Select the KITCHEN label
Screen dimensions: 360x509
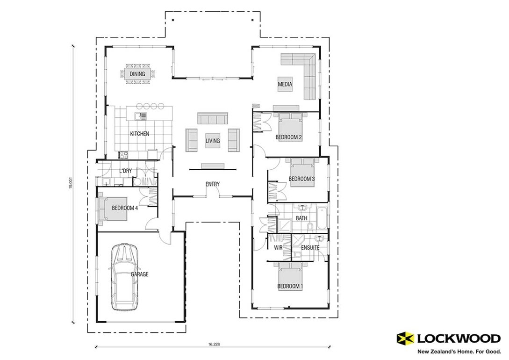coord(139,134)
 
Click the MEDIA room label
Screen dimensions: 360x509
coord(285,85)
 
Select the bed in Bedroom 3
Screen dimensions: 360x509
coord(303,173)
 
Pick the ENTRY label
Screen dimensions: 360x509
coord(212,184)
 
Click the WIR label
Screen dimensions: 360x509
coord(277,247)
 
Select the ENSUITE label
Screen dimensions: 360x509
coord(310,247)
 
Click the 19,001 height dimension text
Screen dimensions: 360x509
coord(71,182)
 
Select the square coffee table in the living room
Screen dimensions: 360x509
coord(213,141)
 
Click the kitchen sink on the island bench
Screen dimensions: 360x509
coord(140,115)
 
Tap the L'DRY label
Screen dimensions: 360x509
coord(125,171)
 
